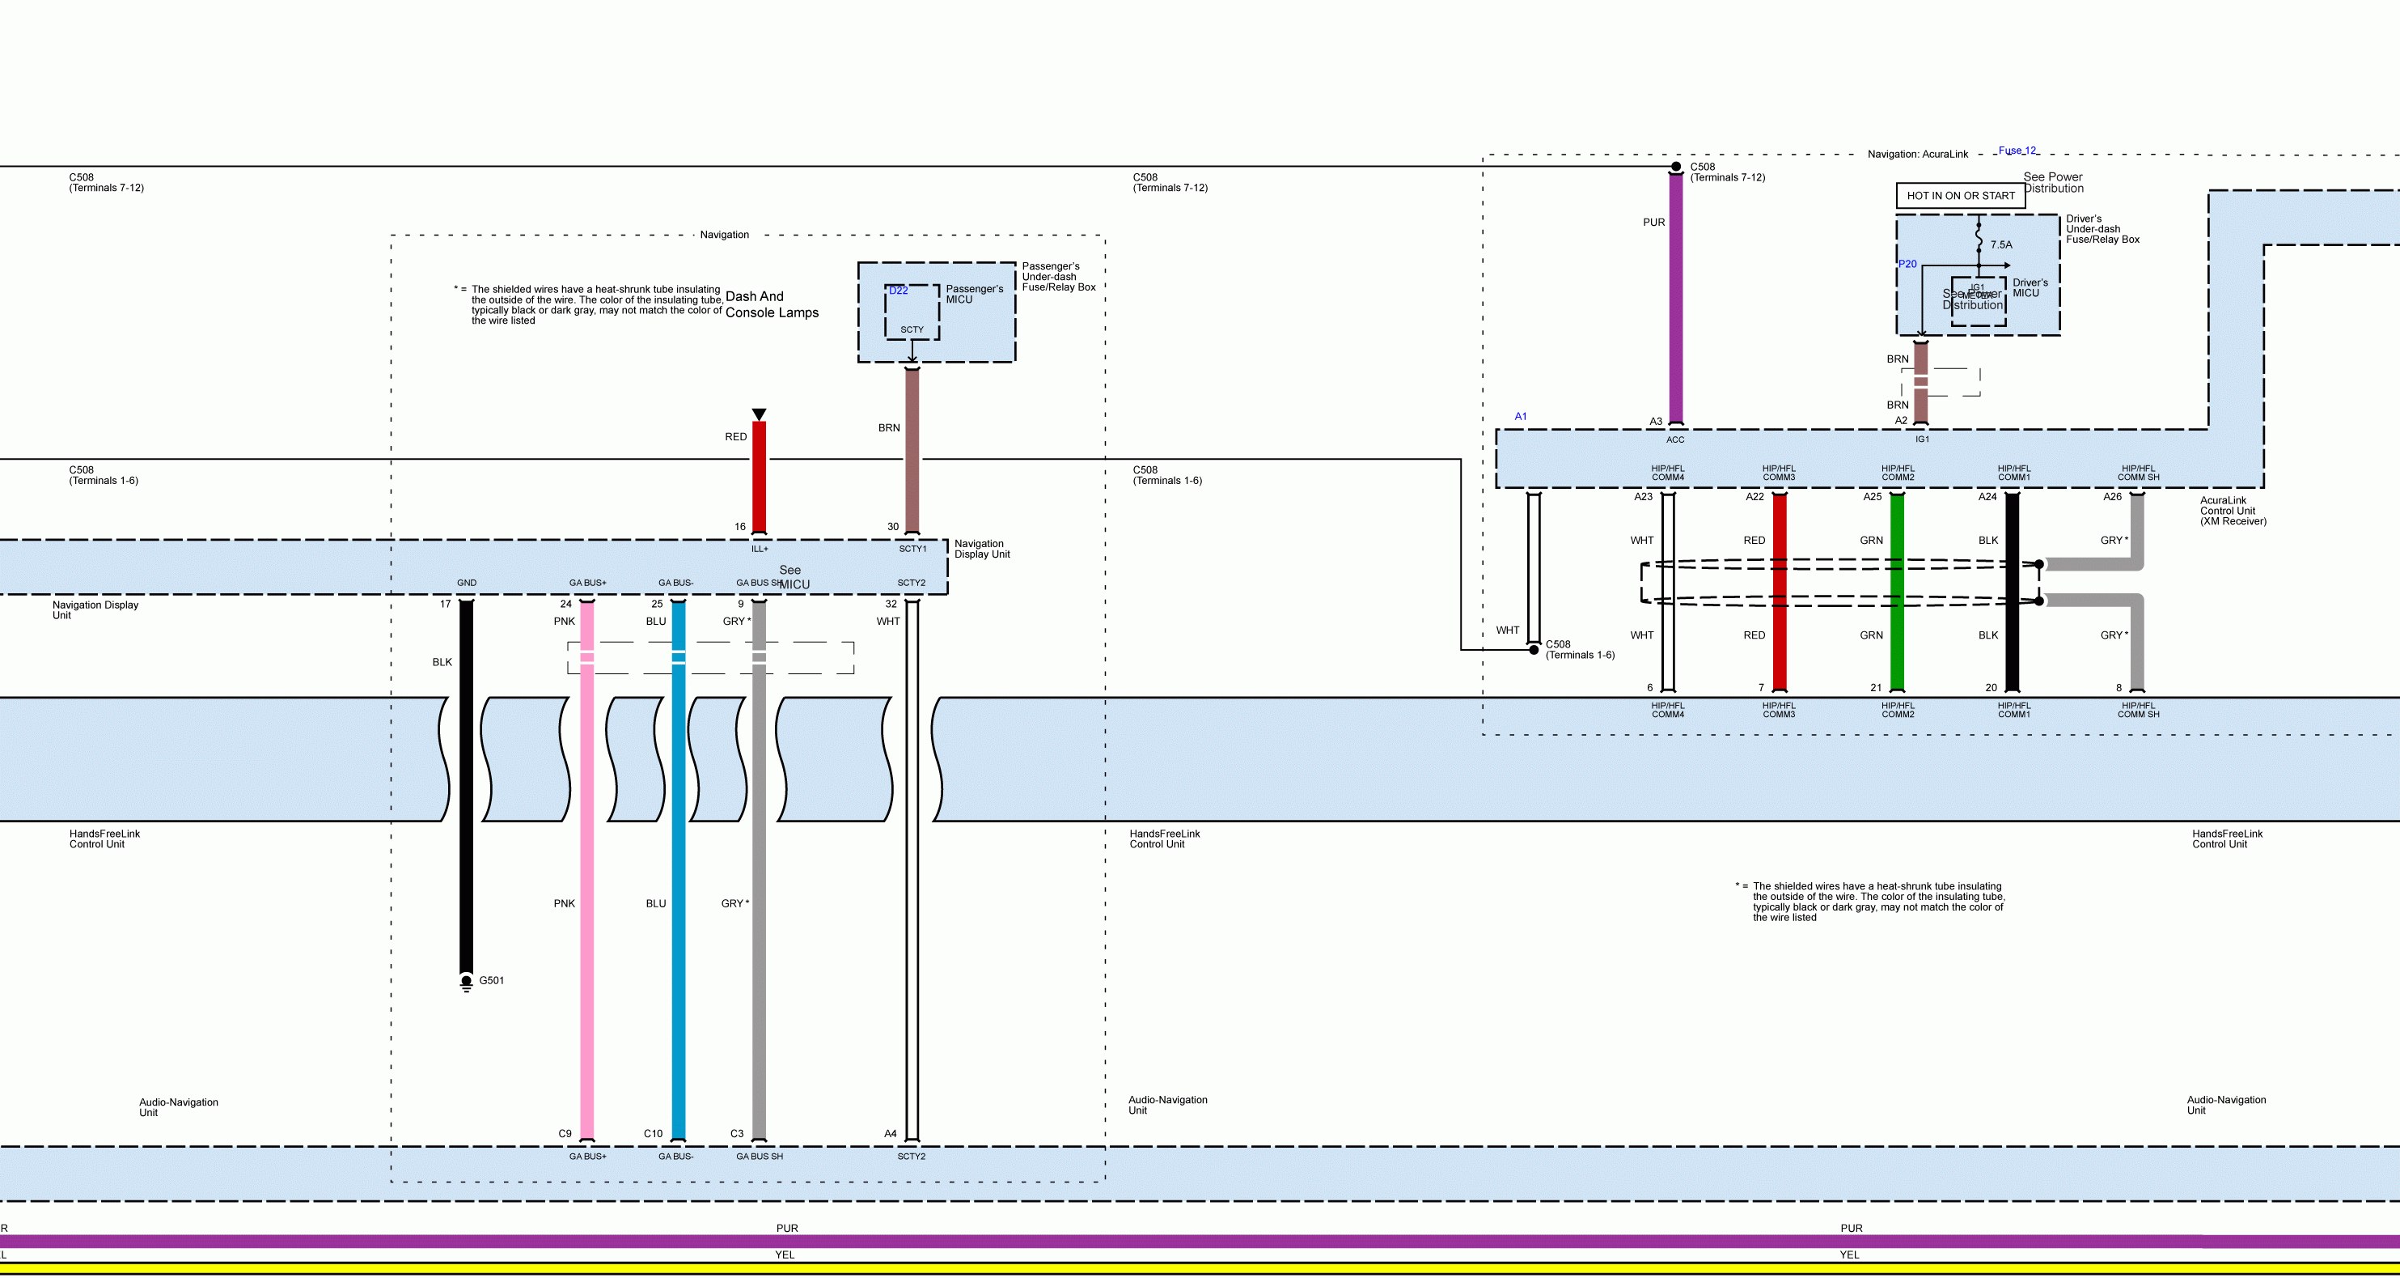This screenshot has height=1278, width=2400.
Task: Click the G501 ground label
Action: (x=491, y=981)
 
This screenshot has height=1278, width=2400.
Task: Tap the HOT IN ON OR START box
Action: (x=1960, y=196)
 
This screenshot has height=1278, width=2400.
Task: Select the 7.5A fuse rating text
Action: (x=2001, y=245)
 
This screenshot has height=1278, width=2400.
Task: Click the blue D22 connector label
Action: (x=898, y=291)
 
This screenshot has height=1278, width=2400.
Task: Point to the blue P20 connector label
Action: (x=1907, y=265)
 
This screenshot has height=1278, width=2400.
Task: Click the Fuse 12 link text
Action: (x=2017, y=151)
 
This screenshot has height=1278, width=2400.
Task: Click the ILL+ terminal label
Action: (x=760, y=549)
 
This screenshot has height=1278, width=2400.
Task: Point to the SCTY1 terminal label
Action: (x=912, y=549)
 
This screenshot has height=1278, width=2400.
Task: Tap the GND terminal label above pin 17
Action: (x=467, y=584)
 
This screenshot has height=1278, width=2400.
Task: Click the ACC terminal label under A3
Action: (x=1675, y=440)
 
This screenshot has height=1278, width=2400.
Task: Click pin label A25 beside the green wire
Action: (x=1872, y=497)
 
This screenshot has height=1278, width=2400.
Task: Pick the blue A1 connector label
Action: (x=1521, y=417)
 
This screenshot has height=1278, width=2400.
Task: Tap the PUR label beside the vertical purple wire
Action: (x=1653, y=223)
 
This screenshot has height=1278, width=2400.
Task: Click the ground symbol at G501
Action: (x=467, y=983)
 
